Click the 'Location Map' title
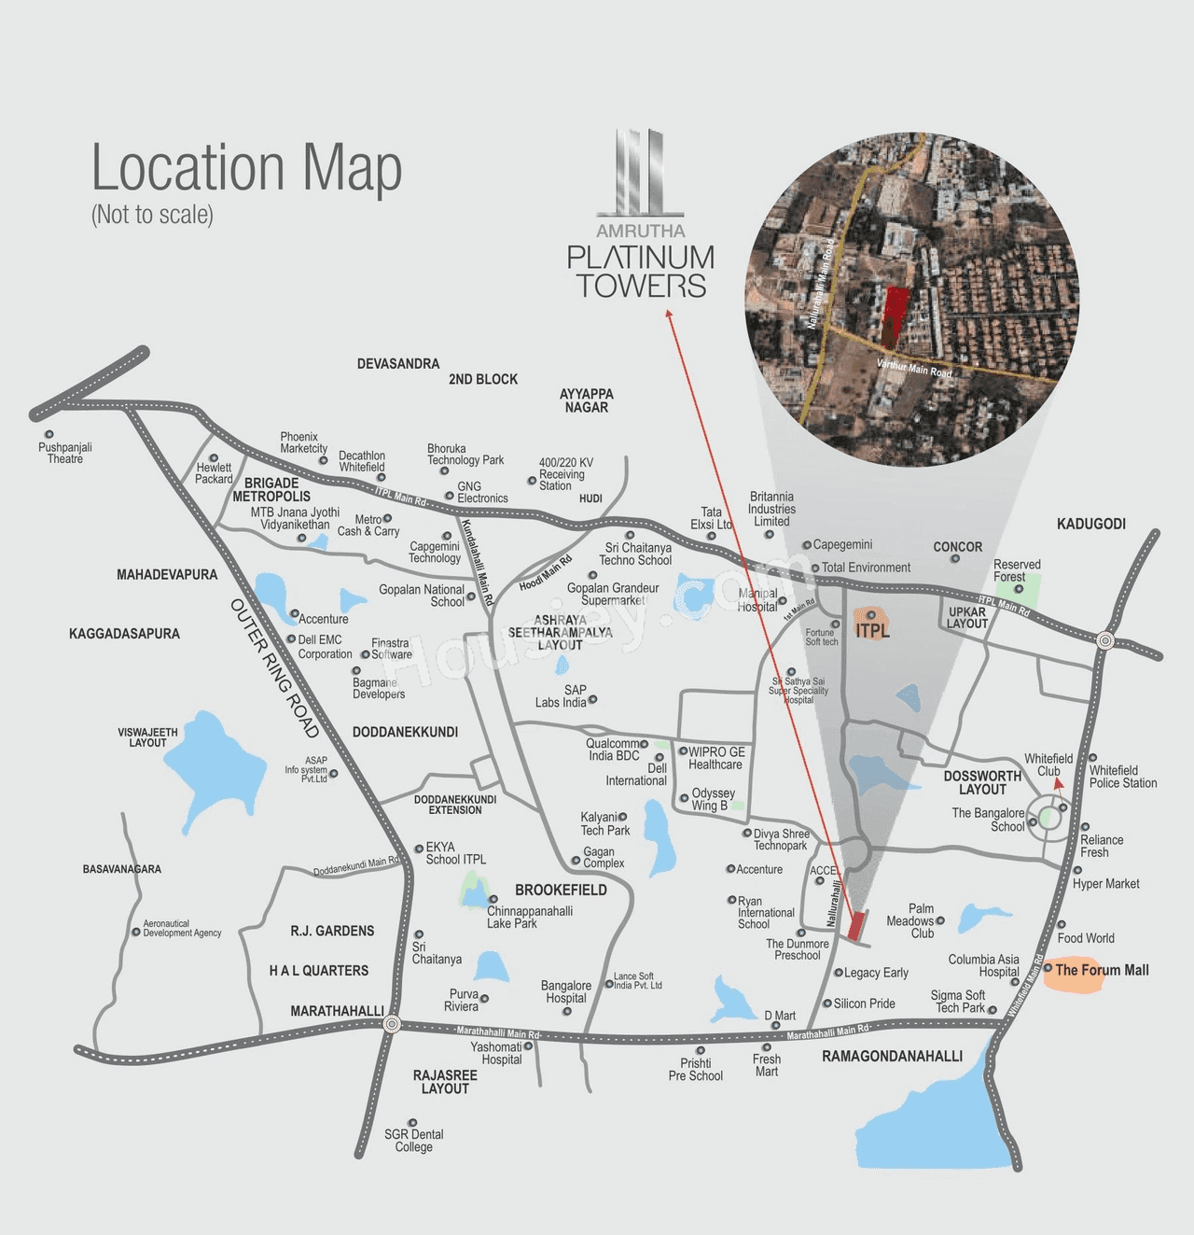pyautogui.click(x=246, y=168)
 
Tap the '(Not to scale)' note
pyautogui.click(x=152, y=215)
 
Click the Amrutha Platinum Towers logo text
pyautogui.click(x=641, y=271)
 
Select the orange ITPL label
pyautogui.click(x=872, y=629)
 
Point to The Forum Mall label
pyautogui.click(x=1101, y=970)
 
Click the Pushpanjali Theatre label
pyautogui.click(x=65, y=453)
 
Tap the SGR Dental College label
pyautogui.click(x=414, y=1140)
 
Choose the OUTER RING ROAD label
pyautogui.click(x=275, y=668)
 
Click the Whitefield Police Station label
pyautogui.click(x=1123, y=777)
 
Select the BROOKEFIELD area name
pyautogui.click(x=561, y=890)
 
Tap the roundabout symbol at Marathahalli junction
pyautogui.click(x=392, y=1024)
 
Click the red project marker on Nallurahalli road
pyautogui.click(x=856, y=925)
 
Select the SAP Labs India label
pyautogui.click(x=562, y=696)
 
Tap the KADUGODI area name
pyautogui.click(x=1090, y=524)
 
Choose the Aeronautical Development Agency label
pyautogui.click(x=182, y=928)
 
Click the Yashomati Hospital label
pyautogui.click(x=496, y=1053)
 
